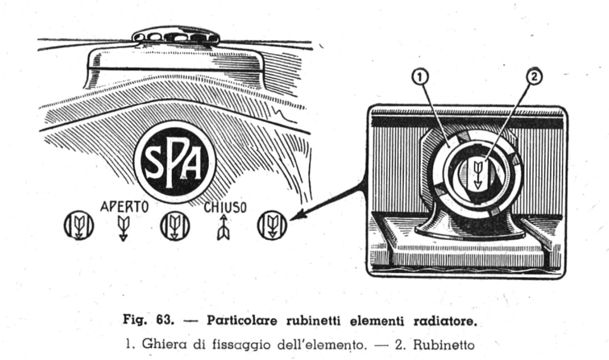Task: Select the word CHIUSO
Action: pos(222,208)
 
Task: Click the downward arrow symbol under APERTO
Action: pos(124,228)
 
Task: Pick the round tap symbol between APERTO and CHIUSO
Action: pos(175,226)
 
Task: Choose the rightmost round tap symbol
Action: pos(272,226)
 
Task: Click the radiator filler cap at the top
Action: pos(175,36)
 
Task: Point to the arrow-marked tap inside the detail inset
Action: pos(477,172)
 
